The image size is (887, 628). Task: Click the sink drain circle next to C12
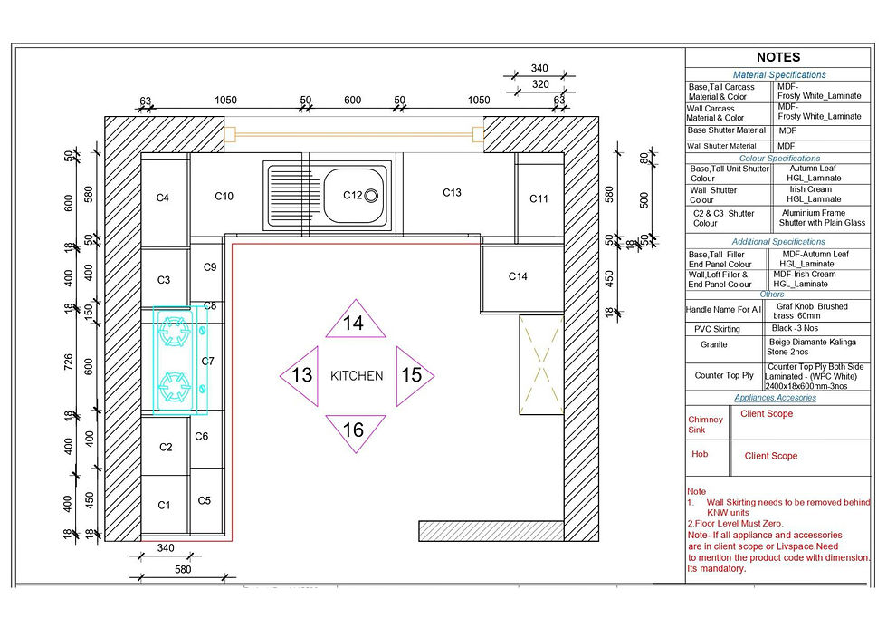pos(371,196)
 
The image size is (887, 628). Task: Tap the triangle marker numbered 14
pos(355,320)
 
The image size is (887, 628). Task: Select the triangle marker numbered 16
pos(355,432)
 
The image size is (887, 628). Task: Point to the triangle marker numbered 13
pos(300,375)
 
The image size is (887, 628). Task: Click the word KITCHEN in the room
pos(357,375)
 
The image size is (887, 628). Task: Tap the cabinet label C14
pos(518,276)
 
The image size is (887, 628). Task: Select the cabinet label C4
pos(162,198)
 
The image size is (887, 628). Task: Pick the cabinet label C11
pos(539,198)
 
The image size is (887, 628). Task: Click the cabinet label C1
pos(164,505)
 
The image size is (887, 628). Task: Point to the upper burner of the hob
pos(174,331)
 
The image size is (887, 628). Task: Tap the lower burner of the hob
pos(174,388)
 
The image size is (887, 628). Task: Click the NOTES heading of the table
pos(778,57)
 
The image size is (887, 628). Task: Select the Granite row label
pos(714,344)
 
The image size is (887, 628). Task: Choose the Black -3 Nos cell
pos(795,328)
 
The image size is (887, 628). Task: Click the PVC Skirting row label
pos(717,329)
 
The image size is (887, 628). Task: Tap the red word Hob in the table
pos(700,454)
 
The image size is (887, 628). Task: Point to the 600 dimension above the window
pos(352,101)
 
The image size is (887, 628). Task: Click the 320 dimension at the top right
pos(540,84)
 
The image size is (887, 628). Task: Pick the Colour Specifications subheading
pos(779,159)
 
